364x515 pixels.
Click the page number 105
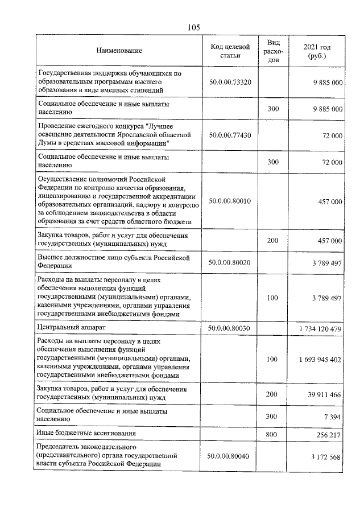(x=192, y=27)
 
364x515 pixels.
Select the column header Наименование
(x=119, y=51)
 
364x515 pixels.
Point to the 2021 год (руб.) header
(x=317, y=51)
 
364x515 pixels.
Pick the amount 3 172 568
(x=324, y=456)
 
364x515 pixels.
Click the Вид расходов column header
(x=273, y=51)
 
